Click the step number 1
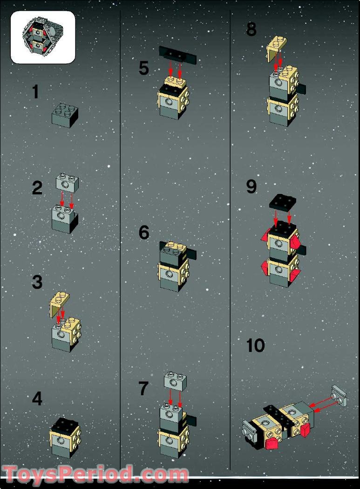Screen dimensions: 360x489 (36, 92)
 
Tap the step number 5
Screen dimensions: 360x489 (144, 68)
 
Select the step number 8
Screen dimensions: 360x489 (251, 29)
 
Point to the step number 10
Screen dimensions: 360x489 (256, 345)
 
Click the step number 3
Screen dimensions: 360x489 (37, 282)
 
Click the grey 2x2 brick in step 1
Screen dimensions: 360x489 (65, 116)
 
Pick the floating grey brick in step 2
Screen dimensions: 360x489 (68, 182)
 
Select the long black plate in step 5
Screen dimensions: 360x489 (177, 55)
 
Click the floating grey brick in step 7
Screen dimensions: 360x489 (176, 381)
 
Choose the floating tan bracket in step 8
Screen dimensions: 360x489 (277, 48)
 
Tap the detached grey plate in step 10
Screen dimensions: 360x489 (339, 396)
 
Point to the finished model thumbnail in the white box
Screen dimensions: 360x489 (43, 37)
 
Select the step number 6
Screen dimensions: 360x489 (144, 233)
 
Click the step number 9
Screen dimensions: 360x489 (251, 186)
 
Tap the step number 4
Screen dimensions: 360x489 (37, 399)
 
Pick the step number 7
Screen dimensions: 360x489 (143, 389)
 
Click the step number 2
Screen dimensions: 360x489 (37, 188)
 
